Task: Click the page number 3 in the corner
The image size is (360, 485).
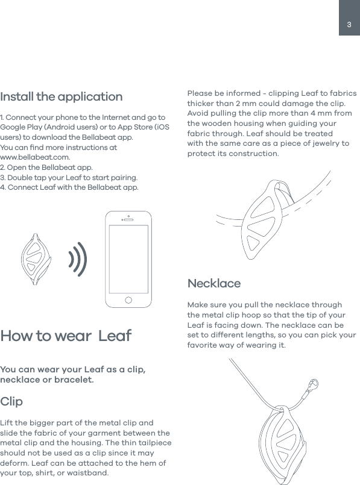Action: [349, 25]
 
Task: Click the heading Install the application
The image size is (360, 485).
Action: [61, 97]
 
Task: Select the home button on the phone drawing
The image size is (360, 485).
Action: [128, 299]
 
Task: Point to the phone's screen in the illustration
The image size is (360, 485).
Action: [128, 258]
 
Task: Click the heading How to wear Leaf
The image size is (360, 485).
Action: [66, 336]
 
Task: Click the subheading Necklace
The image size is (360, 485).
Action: [213, 283]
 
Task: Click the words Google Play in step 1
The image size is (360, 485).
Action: [21, 127]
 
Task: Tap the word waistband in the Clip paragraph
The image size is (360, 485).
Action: [89, 472]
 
